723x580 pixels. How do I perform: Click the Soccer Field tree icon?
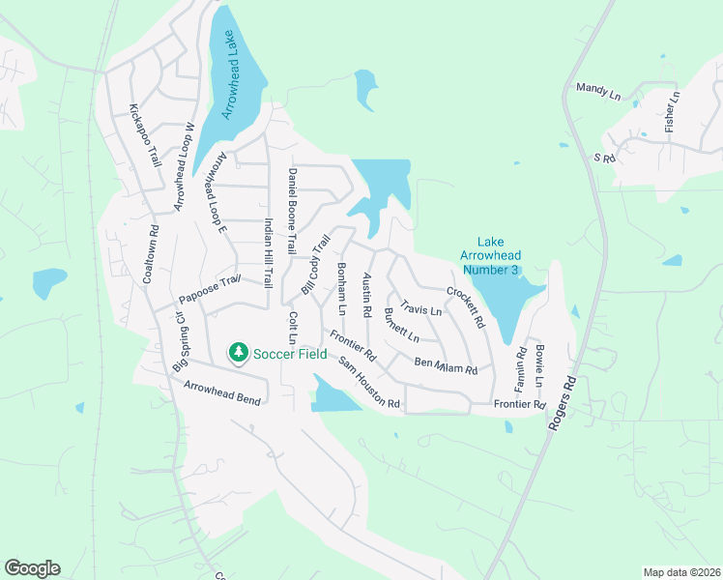coord(238,353)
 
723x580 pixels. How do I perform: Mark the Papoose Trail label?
coord(208,288)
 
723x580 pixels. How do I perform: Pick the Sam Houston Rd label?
coord(368,382)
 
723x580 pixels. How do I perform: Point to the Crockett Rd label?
coord(465,305)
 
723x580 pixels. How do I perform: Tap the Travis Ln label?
coord(420,308)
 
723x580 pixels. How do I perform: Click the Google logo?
coord(32,568)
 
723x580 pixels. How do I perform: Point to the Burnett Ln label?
coord(401,325)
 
